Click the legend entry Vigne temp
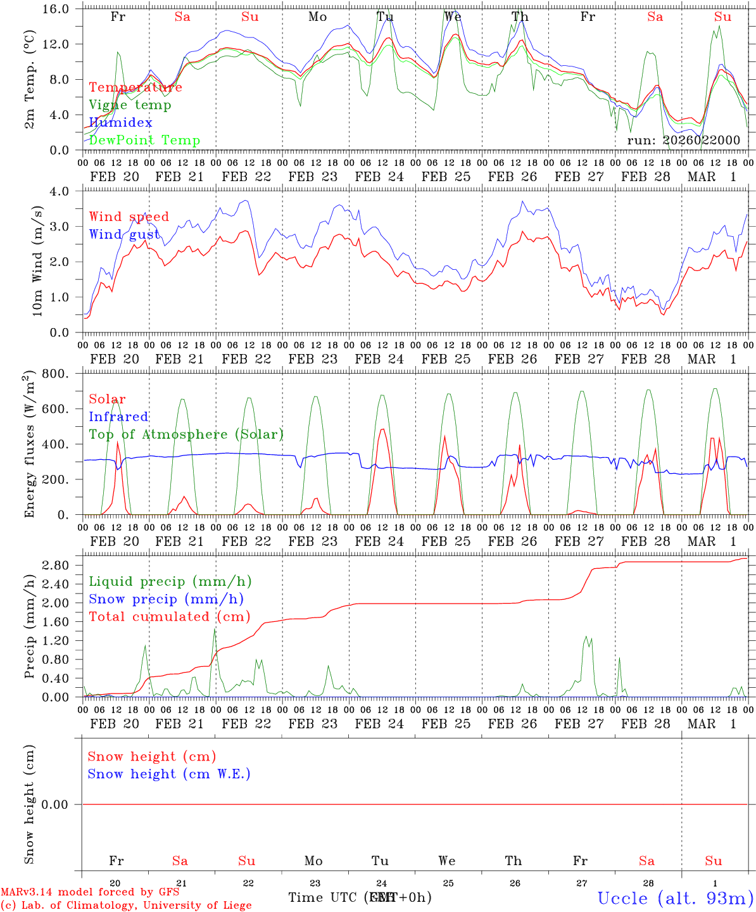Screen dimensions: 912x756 [x=130, y=105]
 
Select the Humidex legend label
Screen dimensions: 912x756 [x=120, y=123]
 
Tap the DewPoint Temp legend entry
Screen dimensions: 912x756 [x=144, y=141]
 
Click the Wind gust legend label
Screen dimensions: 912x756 [x=124, y=235]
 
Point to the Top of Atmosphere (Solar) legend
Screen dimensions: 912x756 [x=186, y=434]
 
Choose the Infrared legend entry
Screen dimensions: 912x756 [x=118, y=417]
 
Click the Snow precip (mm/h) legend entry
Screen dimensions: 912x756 [x=166, y=599]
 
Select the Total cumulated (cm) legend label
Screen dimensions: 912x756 [x=169, y=617]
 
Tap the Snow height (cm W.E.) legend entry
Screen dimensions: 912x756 [x=168, y=774]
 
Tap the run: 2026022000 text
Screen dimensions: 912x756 [x=683, y=140]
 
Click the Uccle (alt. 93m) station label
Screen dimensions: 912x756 [x=675, y=898]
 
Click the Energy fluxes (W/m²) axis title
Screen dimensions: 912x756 [x=29, y=445]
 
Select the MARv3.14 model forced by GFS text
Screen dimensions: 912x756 [x=89, y=892]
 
